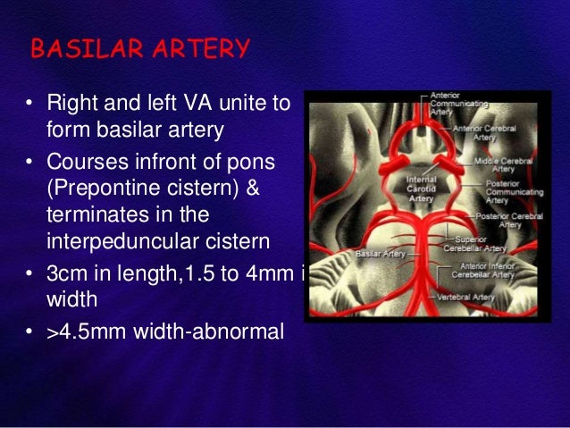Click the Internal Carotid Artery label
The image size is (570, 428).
396,189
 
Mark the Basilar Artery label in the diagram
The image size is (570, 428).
381,255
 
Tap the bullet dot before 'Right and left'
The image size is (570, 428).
30,106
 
